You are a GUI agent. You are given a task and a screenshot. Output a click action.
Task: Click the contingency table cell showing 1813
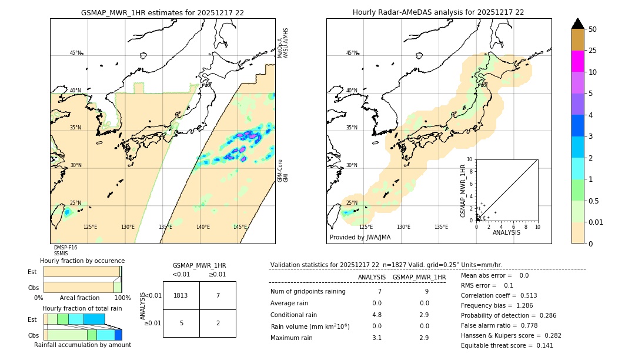(x=181, y=295)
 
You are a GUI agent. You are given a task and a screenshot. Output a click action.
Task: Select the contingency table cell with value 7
(x=218, y=295)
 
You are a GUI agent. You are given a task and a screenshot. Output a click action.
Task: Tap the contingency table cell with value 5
(x=181, y=323)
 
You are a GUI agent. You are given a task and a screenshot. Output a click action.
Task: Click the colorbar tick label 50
(x=593, y=29)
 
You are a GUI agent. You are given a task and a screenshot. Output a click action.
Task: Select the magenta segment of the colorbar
(x=577, y=61)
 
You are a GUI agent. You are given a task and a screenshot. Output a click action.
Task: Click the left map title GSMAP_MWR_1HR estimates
(x=162, y=12)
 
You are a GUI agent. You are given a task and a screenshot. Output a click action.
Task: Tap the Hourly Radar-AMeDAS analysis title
(x=438, y=12)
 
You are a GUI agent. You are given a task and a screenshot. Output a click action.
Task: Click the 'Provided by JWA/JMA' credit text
(x=360, y=237)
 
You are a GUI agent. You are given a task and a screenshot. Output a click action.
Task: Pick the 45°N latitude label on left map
(x=75, y=53)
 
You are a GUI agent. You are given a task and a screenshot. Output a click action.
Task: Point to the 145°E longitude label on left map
(x=240, y=227)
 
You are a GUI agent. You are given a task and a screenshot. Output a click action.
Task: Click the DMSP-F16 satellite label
(x=65, y=248)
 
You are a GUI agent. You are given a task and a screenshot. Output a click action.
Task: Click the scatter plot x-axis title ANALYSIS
(x=506, y=232)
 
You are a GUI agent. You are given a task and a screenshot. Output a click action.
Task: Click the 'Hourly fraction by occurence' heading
(x=82, y=261)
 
